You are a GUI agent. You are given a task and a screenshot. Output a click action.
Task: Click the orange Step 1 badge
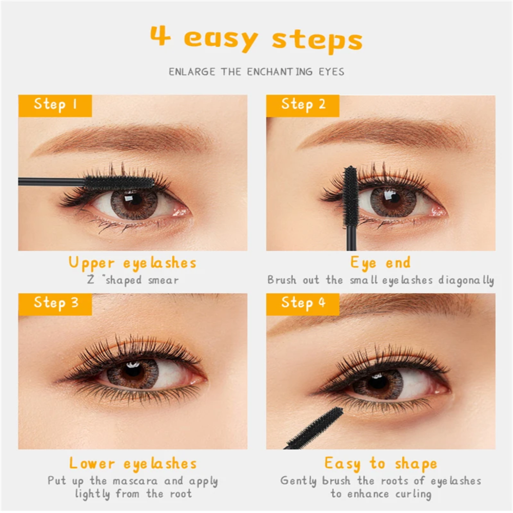click(55, 106)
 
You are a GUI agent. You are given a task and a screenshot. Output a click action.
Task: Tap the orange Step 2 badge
click(303, 106)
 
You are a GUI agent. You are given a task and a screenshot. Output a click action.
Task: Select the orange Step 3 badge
click(55, 304)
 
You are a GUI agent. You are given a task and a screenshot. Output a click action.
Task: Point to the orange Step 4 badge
click(303, 304)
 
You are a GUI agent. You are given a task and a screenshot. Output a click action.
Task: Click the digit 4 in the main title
click(160, 35)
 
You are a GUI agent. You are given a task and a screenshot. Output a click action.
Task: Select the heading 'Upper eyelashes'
click(132, 263)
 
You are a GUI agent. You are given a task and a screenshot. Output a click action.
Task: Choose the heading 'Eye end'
click(380, 263)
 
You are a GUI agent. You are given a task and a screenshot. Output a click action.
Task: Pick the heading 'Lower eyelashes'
click(133, 464)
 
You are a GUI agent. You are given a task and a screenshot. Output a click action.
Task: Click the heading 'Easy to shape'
click(381, 464)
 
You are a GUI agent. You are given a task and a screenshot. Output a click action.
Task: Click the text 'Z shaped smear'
click(133, 281)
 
